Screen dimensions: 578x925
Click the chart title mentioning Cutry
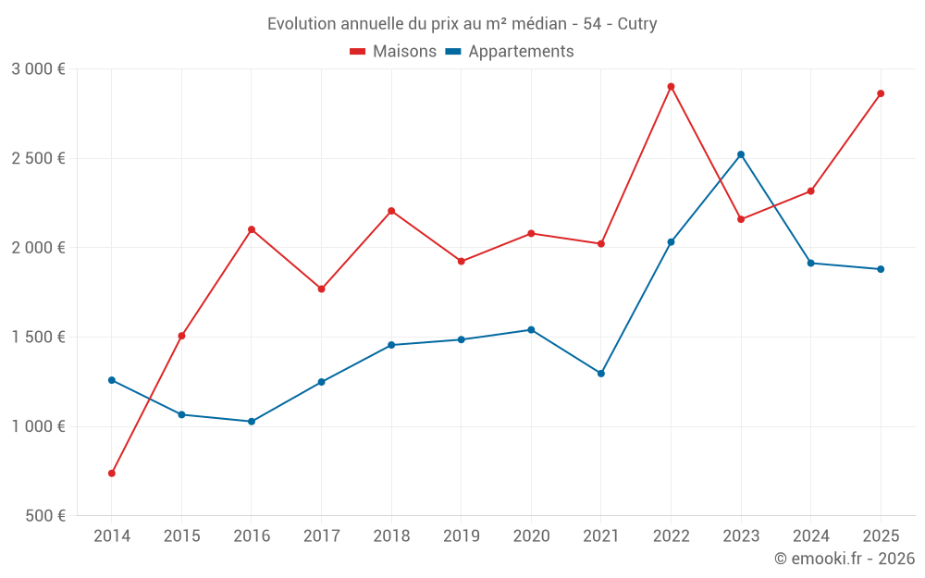point(462,24)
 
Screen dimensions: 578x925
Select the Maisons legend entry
point(393,52)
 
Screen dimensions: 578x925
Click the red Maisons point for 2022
point(671,87)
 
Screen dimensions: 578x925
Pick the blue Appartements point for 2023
point(741,154)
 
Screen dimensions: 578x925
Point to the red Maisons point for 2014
point(112,473)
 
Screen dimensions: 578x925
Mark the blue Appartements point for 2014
point(112,380)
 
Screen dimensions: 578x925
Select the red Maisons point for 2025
point(881,93)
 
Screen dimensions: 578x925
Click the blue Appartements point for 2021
point(601,374)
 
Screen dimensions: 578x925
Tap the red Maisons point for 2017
point(322,289)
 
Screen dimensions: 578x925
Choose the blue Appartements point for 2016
point(252,422)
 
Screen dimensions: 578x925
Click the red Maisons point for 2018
point(391,211)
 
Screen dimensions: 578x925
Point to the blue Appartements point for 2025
point(881,269)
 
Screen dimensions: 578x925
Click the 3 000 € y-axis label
point(38,69)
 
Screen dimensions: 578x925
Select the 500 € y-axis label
point(43,516)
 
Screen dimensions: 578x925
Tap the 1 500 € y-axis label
point(38,338)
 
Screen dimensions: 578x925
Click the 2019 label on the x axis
point(462,536)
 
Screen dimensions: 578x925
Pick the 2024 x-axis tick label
point(810,536)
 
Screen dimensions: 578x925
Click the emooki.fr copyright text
point(844,559)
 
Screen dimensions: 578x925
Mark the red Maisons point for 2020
point(531,233)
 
